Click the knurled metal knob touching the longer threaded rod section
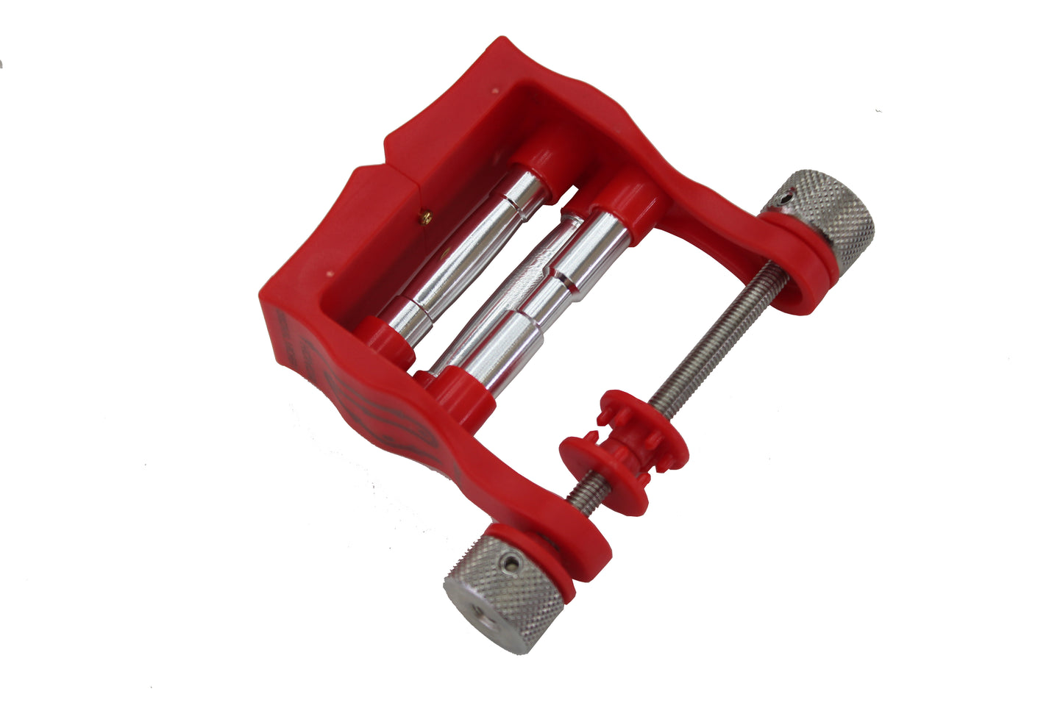(824, 217)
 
